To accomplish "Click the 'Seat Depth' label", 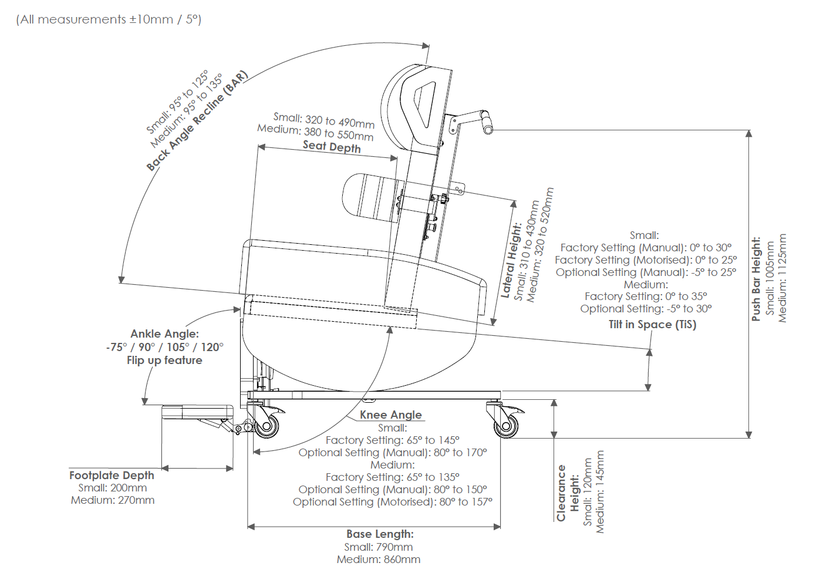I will tap(332, 147).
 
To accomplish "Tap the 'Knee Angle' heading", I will tap(390, 415).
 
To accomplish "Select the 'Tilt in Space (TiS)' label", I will tap(652, 325).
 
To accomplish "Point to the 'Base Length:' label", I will tap(380, 534).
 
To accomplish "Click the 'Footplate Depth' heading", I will tap(112, 475).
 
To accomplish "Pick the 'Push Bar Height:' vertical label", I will tap(757, 279).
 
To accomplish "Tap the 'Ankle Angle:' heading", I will tap(164, 333).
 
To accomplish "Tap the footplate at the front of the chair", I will tap(197, 412).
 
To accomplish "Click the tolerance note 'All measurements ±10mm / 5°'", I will tap(109, 19).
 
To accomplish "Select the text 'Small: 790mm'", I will tap(379, 547).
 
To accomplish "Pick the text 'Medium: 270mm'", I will tap(113, 500).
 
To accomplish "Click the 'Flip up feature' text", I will tap(164, 361).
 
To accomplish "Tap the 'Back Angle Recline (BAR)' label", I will tap(197, 121).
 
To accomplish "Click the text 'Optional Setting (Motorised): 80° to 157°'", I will tap(393, 502).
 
